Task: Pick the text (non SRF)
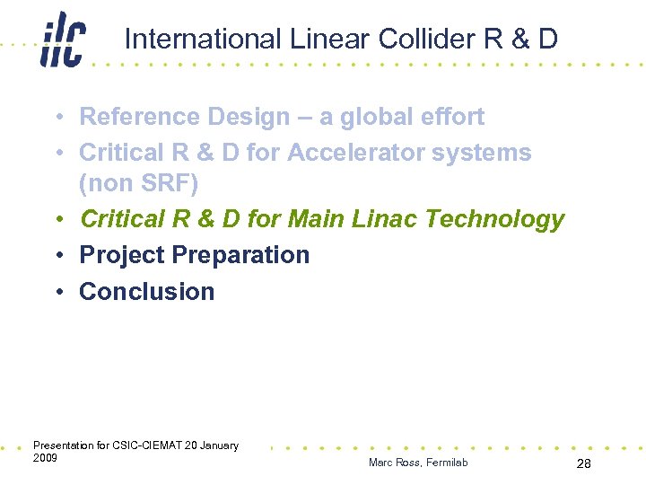[138, 184]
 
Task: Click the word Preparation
[240, 255]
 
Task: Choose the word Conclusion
[147, 292]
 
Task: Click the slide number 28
[583, 463]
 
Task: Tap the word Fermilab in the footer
[446, 463]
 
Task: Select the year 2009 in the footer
[45, 458]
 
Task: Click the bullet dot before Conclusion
[57, 292]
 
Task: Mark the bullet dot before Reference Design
[57, 117]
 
